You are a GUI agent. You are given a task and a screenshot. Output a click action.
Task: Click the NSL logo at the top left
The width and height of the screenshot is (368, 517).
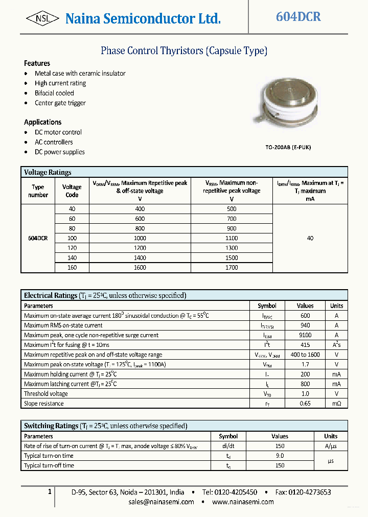click(42, 19)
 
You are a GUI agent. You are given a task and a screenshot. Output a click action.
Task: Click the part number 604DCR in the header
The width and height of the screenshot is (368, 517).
click(298, 17)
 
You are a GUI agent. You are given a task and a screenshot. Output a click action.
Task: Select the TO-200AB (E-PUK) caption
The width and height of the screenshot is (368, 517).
click(287, 147)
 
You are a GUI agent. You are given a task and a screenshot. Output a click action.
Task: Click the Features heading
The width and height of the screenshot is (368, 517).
click(37, 63)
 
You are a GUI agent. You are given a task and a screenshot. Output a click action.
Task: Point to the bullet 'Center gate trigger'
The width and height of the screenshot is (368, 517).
click(60, 103)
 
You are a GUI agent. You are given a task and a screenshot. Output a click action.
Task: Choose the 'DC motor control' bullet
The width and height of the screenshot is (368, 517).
click(58, 132)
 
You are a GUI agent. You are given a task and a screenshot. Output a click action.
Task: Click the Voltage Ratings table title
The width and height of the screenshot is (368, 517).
click(48, 172)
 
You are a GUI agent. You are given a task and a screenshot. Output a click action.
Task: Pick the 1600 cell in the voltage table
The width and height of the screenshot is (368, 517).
click(140, 267)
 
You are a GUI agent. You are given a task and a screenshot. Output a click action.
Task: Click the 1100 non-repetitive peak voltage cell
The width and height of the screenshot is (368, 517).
click(232, 238)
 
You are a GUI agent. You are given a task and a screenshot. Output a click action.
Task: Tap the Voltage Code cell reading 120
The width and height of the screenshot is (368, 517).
click(72, 248)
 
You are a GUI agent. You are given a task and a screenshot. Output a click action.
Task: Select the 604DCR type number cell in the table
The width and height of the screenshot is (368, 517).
click(38, 238)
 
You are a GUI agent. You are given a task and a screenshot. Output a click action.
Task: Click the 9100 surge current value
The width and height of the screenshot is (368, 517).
click(305, 335)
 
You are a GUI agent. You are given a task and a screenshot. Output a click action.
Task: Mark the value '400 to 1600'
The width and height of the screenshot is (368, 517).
click(305, 355)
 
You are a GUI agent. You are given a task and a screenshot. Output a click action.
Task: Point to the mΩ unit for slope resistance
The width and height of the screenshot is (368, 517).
click(336, 404)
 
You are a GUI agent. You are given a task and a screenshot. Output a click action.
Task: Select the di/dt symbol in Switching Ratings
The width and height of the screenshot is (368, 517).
click(228, 446)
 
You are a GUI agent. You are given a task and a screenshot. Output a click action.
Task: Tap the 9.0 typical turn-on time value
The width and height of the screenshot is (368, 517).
click(280, 456)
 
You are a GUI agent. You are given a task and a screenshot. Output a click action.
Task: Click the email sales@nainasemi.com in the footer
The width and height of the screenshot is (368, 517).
click(162, 502)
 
